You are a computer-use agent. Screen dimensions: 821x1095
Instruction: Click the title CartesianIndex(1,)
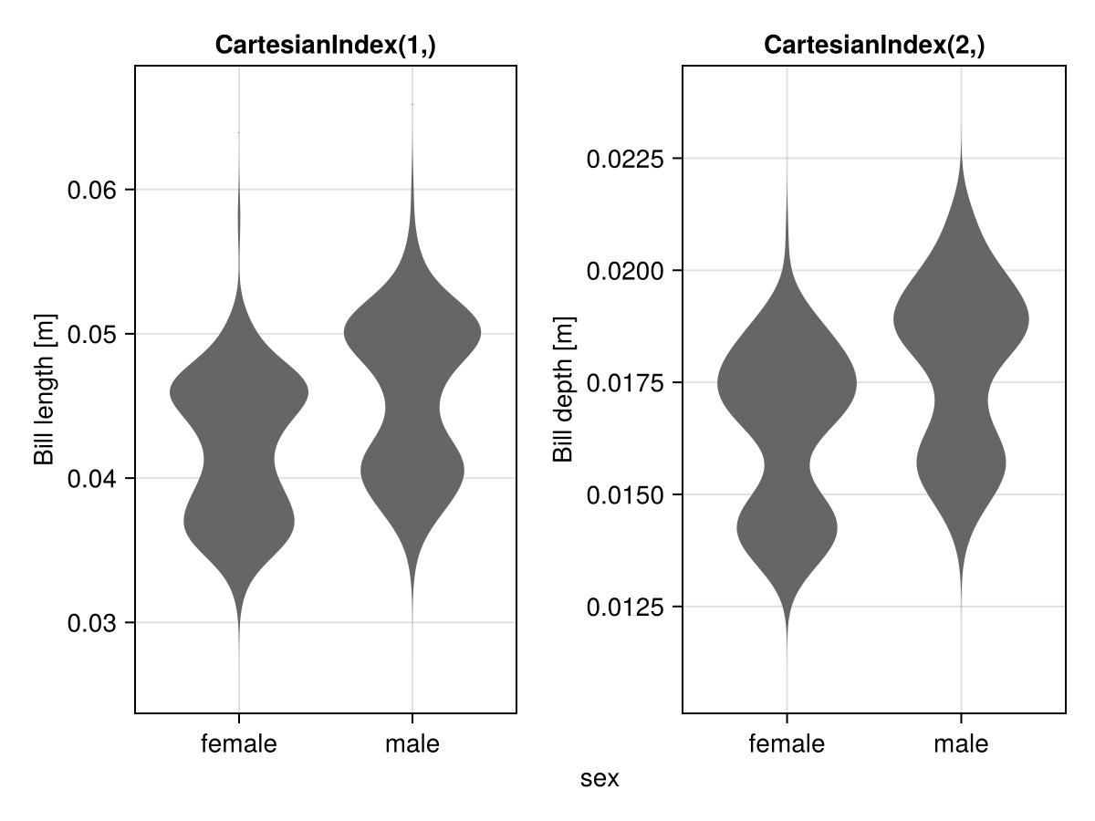tap(326, 45)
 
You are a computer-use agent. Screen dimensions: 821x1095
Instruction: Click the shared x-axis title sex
tap(600, 778)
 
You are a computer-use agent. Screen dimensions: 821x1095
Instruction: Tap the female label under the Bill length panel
tap(239, 744)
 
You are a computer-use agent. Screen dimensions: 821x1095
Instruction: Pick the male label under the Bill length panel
tap(412, 744)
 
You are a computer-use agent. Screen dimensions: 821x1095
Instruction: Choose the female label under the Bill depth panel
tap(787, 744)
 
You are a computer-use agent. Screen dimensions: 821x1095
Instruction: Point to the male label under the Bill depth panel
tap(961, 744)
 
